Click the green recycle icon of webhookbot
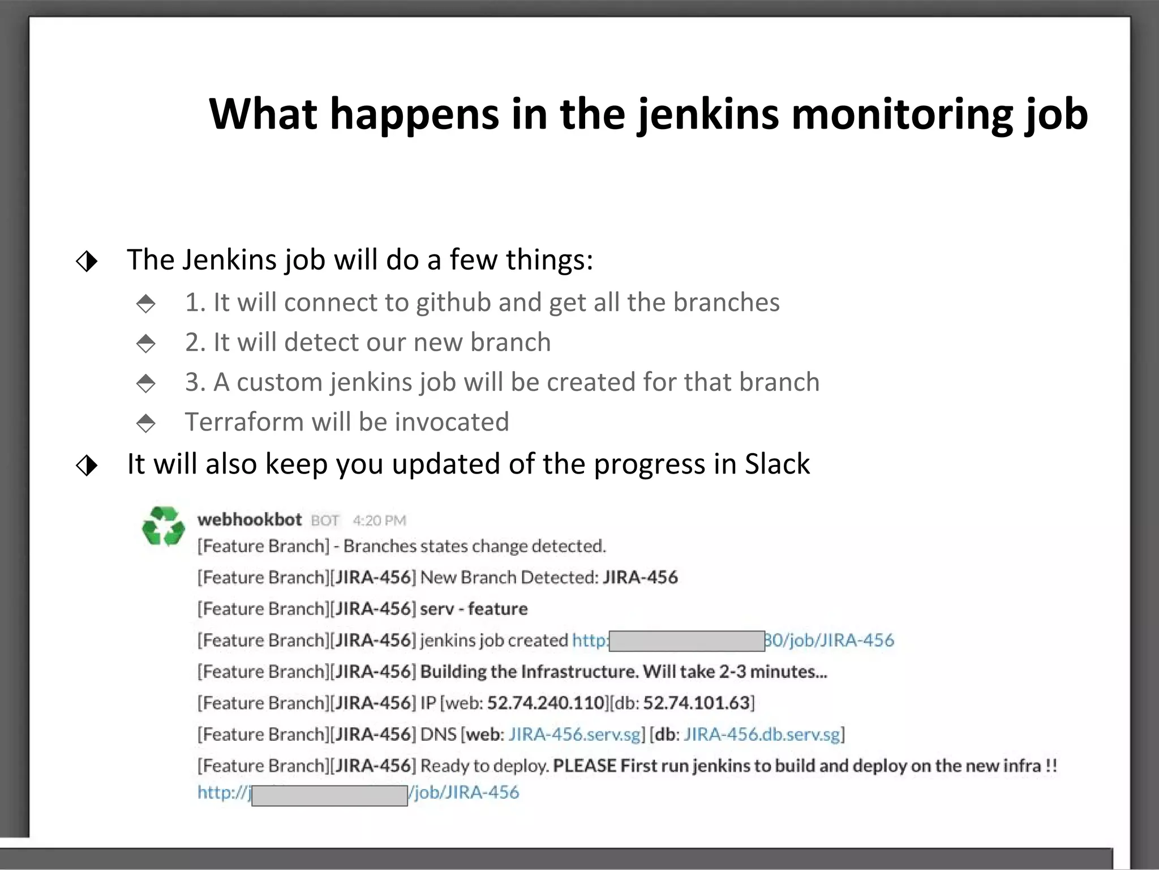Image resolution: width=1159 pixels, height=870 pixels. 163,526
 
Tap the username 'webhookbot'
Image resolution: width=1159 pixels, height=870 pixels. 249,519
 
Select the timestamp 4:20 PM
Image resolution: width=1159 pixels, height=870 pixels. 379,521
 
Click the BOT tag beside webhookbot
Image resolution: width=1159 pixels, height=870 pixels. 325,521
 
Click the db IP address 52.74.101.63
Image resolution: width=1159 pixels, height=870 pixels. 696,703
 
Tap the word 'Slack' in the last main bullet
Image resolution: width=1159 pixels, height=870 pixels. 777,464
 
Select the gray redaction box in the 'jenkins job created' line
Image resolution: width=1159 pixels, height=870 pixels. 686,641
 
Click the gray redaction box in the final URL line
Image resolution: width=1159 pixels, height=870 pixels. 329,795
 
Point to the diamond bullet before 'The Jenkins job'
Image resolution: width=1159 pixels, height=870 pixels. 87,261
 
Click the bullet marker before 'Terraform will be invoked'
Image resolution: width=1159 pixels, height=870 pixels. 146,423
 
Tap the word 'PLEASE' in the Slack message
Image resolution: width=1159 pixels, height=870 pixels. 584,766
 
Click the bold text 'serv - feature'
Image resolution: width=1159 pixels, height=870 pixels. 474,609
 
